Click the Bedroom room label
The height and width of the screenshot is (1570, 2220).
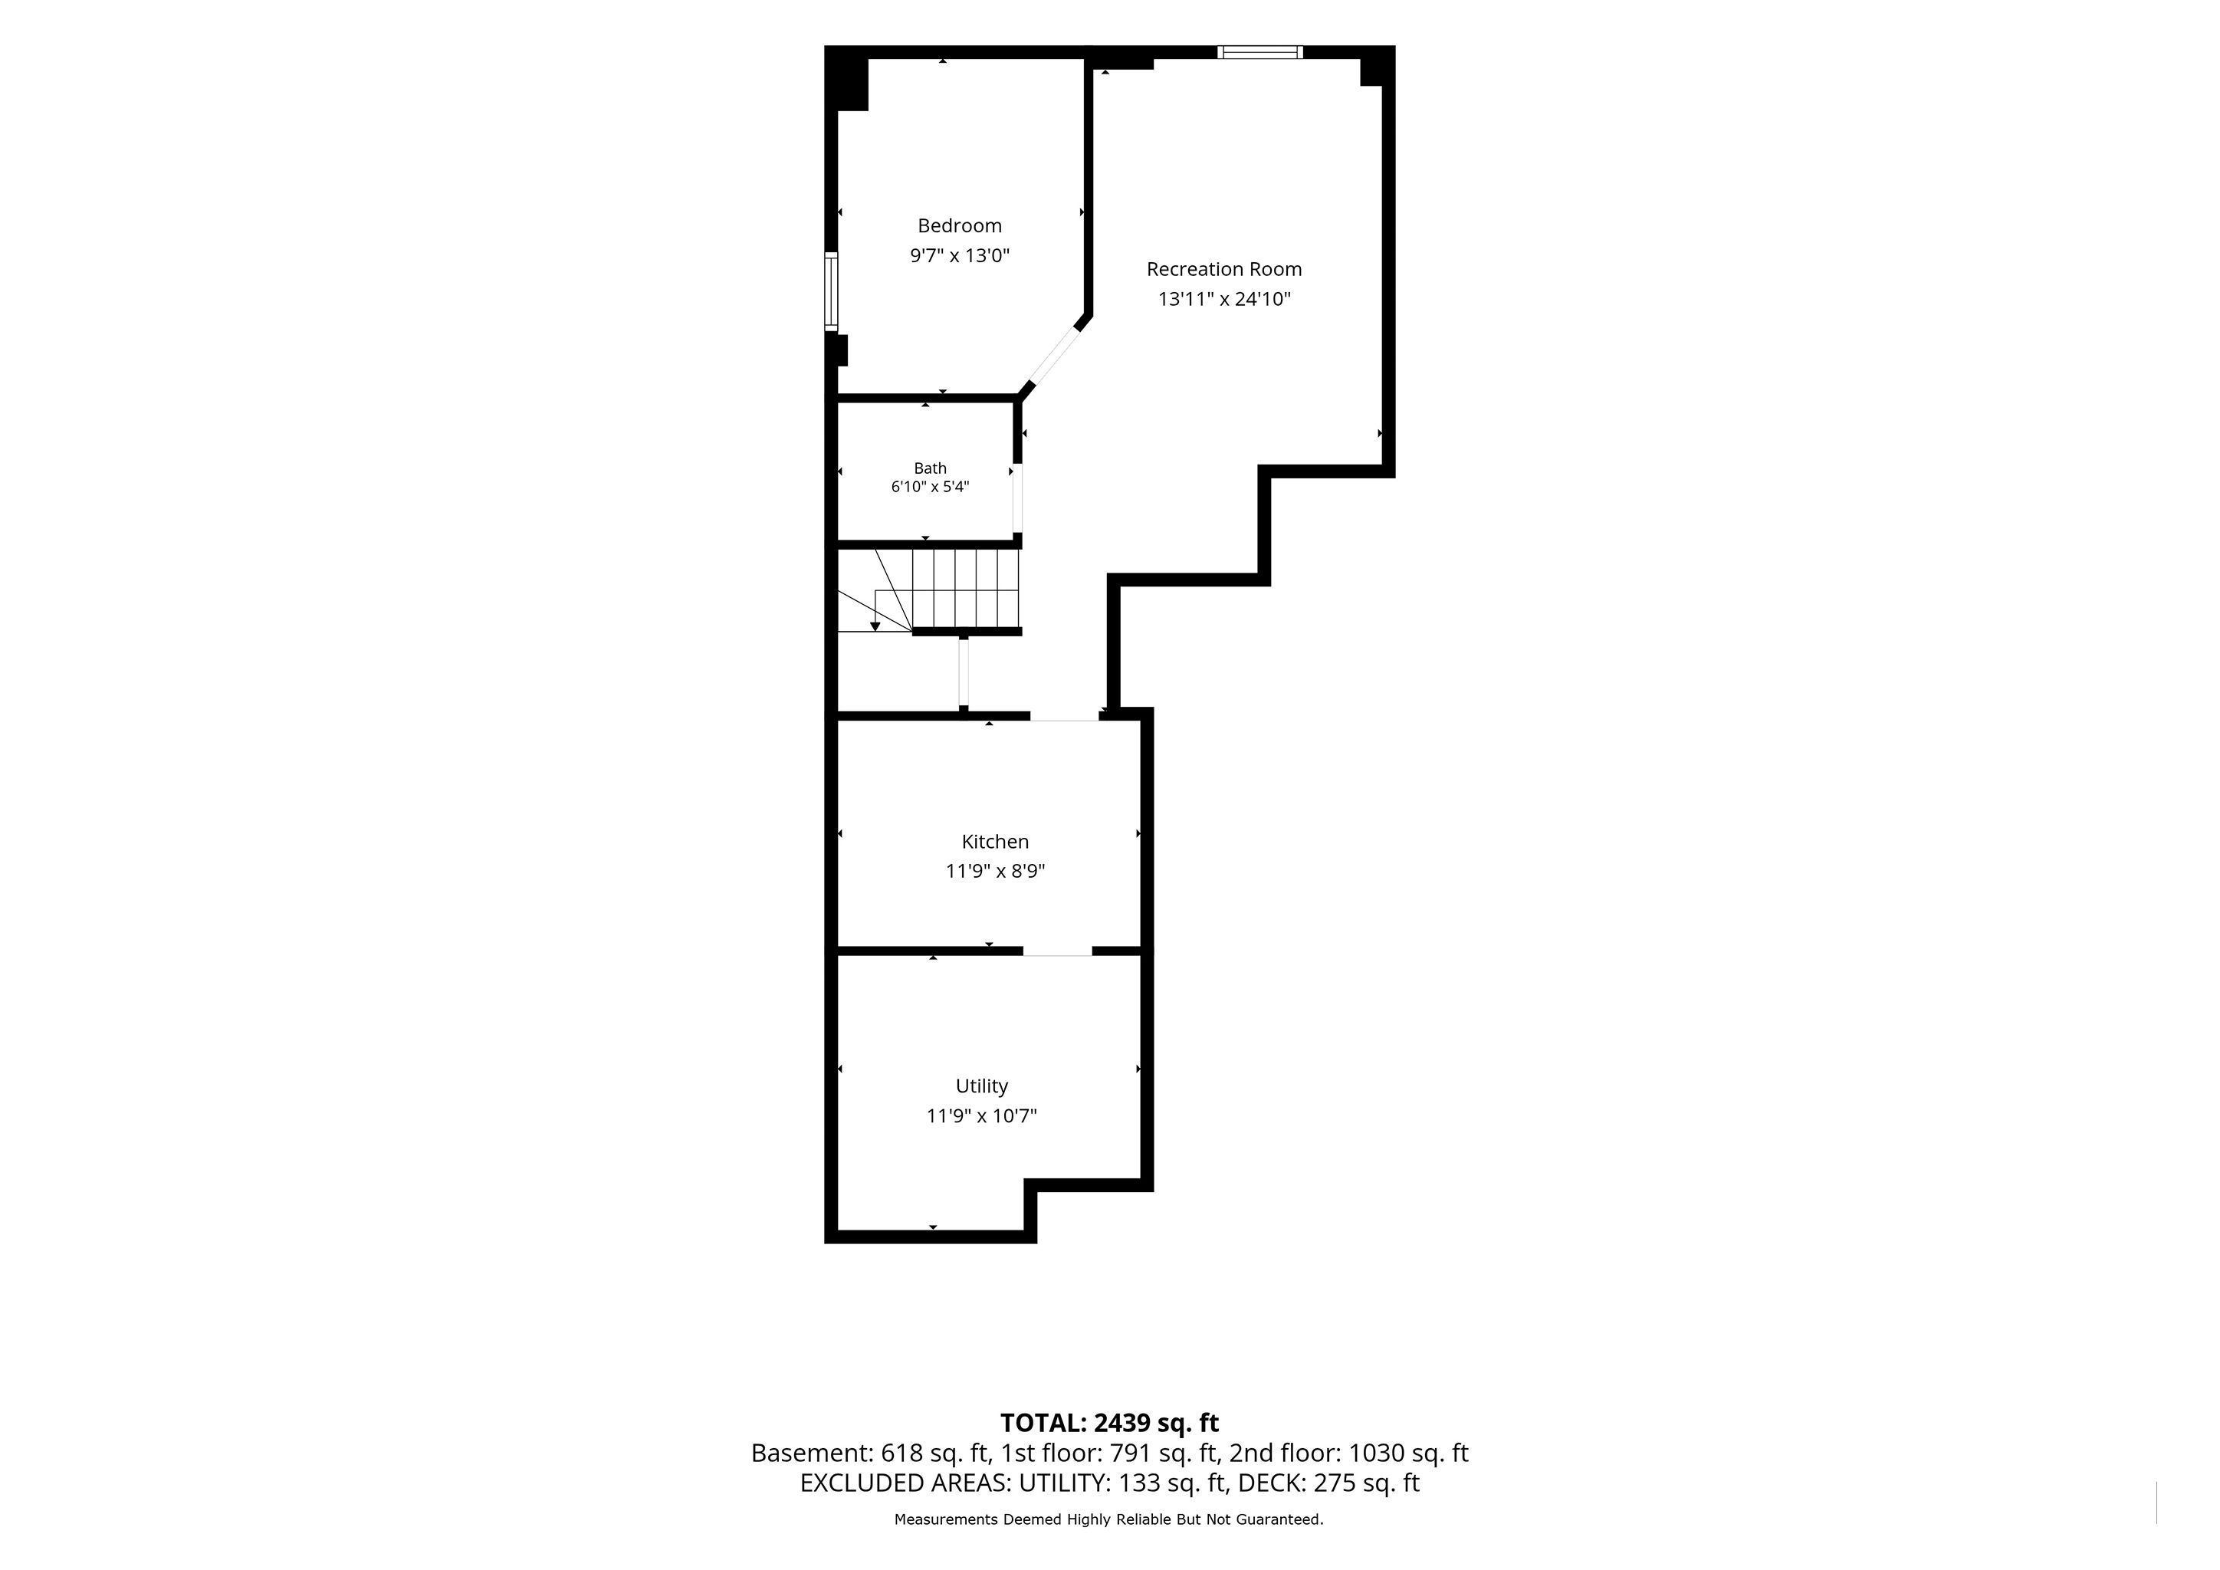(x=959, y=225)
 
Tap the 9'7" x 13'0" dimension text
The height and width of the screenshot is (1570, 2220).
(x=959, y=256)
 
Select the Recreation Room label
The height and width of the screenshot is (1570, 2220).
(x=1224, y=269)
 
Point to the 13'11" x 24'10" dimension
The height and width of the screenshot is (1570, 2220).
(x=1224, y=299)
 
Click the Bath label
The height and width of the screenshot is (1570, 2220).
(x=930, y=468)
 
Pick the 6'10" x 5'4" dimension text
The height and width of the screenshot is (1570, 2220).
(x=930, y=486)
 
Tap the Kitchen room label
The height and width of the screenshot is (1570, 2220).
(x=995, y=841)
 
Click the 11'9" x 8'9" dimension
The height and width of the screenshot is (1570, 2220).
(x=995, y=871)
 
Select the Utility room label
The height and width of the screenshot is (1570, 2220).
(x=981, y=1086)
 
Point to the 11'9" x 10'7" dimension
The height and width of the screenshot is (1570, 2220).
(x=981, y=1115)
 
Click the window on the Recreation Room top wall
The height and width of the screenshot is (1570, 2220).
(x=1260, y=52)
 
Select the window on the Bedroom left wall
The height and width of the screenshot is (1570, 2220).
(x=830, y=291)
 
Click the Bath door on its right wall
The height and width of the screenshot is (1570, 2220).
(x=1017, y=499)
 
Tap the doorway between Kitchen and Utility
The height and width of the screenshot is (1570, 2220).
(x=1058, y=951)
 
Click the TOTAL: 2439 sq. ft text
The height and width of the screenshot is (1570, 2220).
(x=1109, y=1423)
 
